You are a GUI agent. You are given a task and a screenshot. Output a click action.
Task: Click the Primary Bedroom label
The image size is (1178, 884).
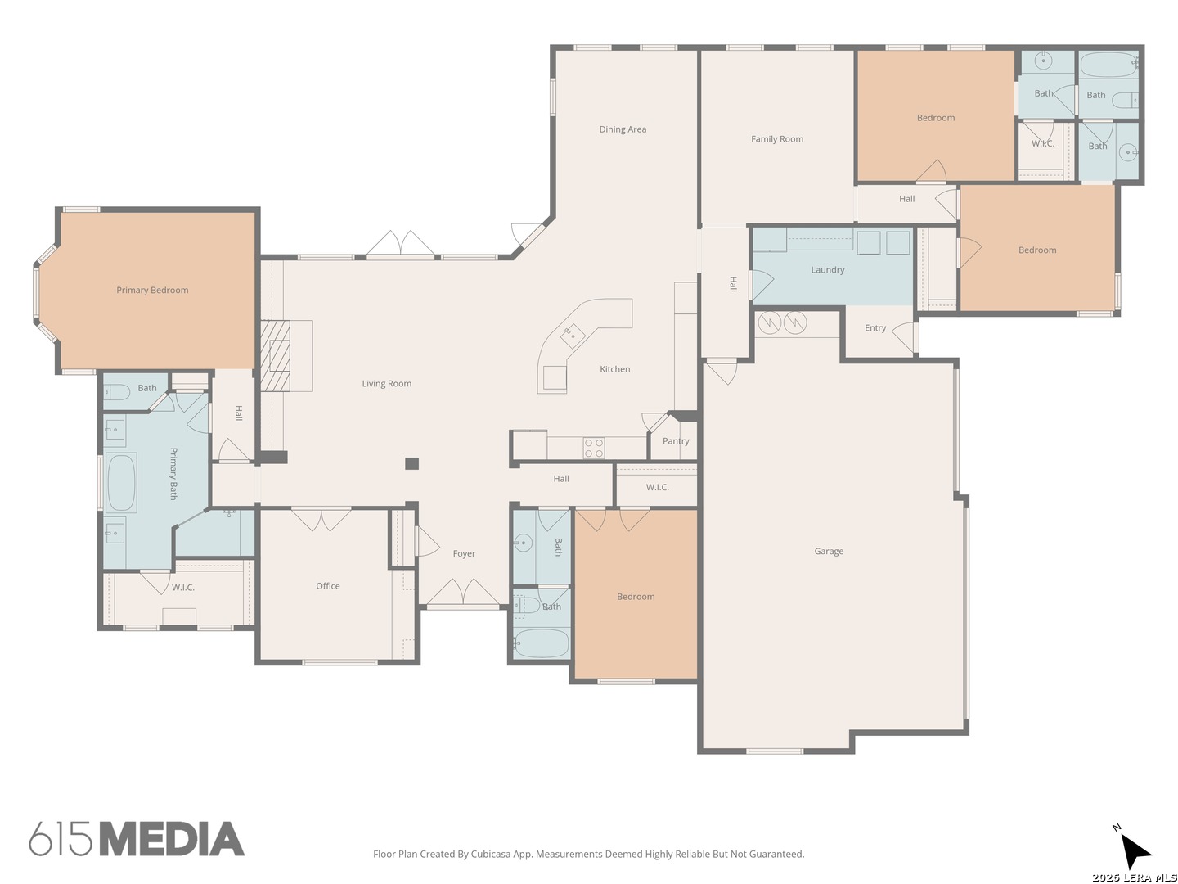point(152,291)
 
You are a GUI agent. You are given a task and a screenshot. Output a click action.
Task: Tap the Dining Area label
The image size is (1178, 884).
point(623,129)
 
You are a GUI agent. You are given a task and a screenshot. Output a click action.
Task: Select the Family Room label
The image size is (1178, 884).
point(777,139)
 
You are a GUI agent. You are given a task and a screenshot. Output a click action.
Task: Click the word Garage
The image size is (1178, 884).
point(829,551)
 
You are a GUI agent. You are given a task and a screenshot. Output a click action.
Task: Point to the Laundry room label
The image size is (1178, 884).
point(828,270)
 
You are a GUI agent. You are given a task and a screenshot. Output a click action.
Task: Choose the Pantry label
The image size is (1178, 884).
point(676,441)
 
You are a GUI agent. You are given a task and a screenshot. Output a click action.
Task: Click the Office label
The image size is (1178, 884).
point(328,586)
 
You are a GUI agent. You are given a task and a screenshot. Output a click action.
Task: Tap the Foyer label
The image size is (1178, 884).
point(464,554)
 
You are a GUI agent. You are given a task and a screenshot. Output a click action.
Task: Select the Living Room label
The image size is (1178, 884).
point(386,384)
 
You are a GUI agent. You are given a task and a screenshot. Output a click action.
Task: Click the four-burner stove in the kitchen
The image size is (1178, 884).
point(594,449)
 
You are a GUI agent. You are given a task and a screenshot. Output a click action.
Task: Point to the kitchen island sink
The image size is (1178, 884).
point(573,336)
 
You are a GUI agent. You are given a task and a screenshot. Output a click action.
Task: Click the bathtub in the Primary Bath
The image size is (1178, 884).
point(121,483)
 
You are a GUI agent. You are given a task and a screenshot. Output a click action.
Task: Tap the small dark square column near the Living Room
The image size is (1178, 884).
point(411,464)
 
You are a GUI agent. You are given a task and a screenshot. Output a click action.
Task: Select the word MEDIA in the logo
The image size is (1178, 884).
point(173,839)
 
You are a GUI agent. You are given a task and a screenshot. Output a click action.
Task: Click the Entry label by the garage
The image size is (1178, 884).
point(875,328)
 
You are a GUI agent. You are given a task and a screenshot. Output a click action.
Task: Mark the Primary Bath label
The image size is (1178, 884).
point(173,474)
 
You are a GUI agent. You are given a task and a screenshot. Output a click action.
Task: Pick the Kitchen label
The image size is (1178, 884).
point(615,369)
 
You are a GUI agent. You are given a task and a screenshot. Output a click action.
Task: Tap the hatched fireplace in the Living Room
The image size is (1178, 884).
point(276,356)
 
